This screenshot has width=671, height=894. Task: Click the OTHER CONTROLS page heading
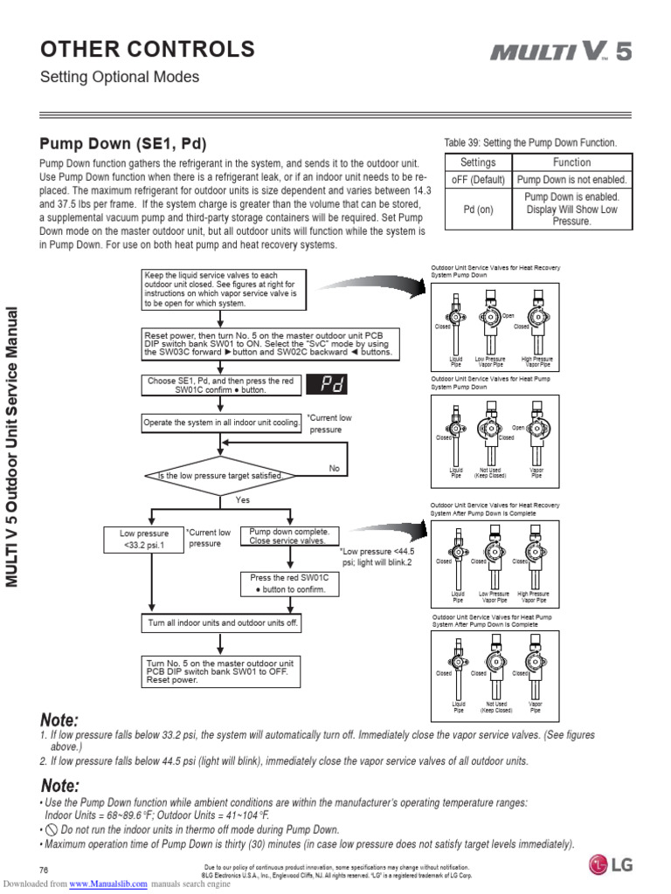(148, 49)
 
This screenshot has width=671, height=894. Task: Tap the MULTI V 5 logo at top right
(560, 52)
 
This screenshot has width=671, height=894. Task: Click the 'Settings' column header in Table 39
(478, 162)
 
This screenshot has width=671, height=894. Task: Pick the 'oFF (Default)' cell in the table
(478, 180)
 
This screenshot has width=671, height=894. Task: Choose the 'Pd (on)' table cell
(478, 210)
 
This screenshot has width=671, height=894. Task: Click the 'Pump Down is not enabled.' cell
(571, 180)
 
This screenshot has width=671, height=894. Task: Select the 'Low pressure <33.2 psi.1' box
(144, 540)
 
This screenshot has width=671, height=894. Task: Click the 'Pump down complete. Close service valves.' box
(288, 536)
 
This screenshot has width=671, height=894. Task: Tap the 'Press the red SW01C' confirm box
(288, 583)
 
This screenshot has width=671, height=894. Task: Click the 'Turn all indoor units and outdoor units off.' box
(221, 623)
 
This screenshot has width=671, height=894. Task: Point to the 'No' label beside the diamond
(334, 469)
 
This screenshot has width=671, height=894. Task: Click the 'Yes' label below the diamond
(242, 500)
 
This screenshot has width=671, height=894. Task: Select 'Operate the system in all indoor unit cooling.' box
(222, 423)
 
